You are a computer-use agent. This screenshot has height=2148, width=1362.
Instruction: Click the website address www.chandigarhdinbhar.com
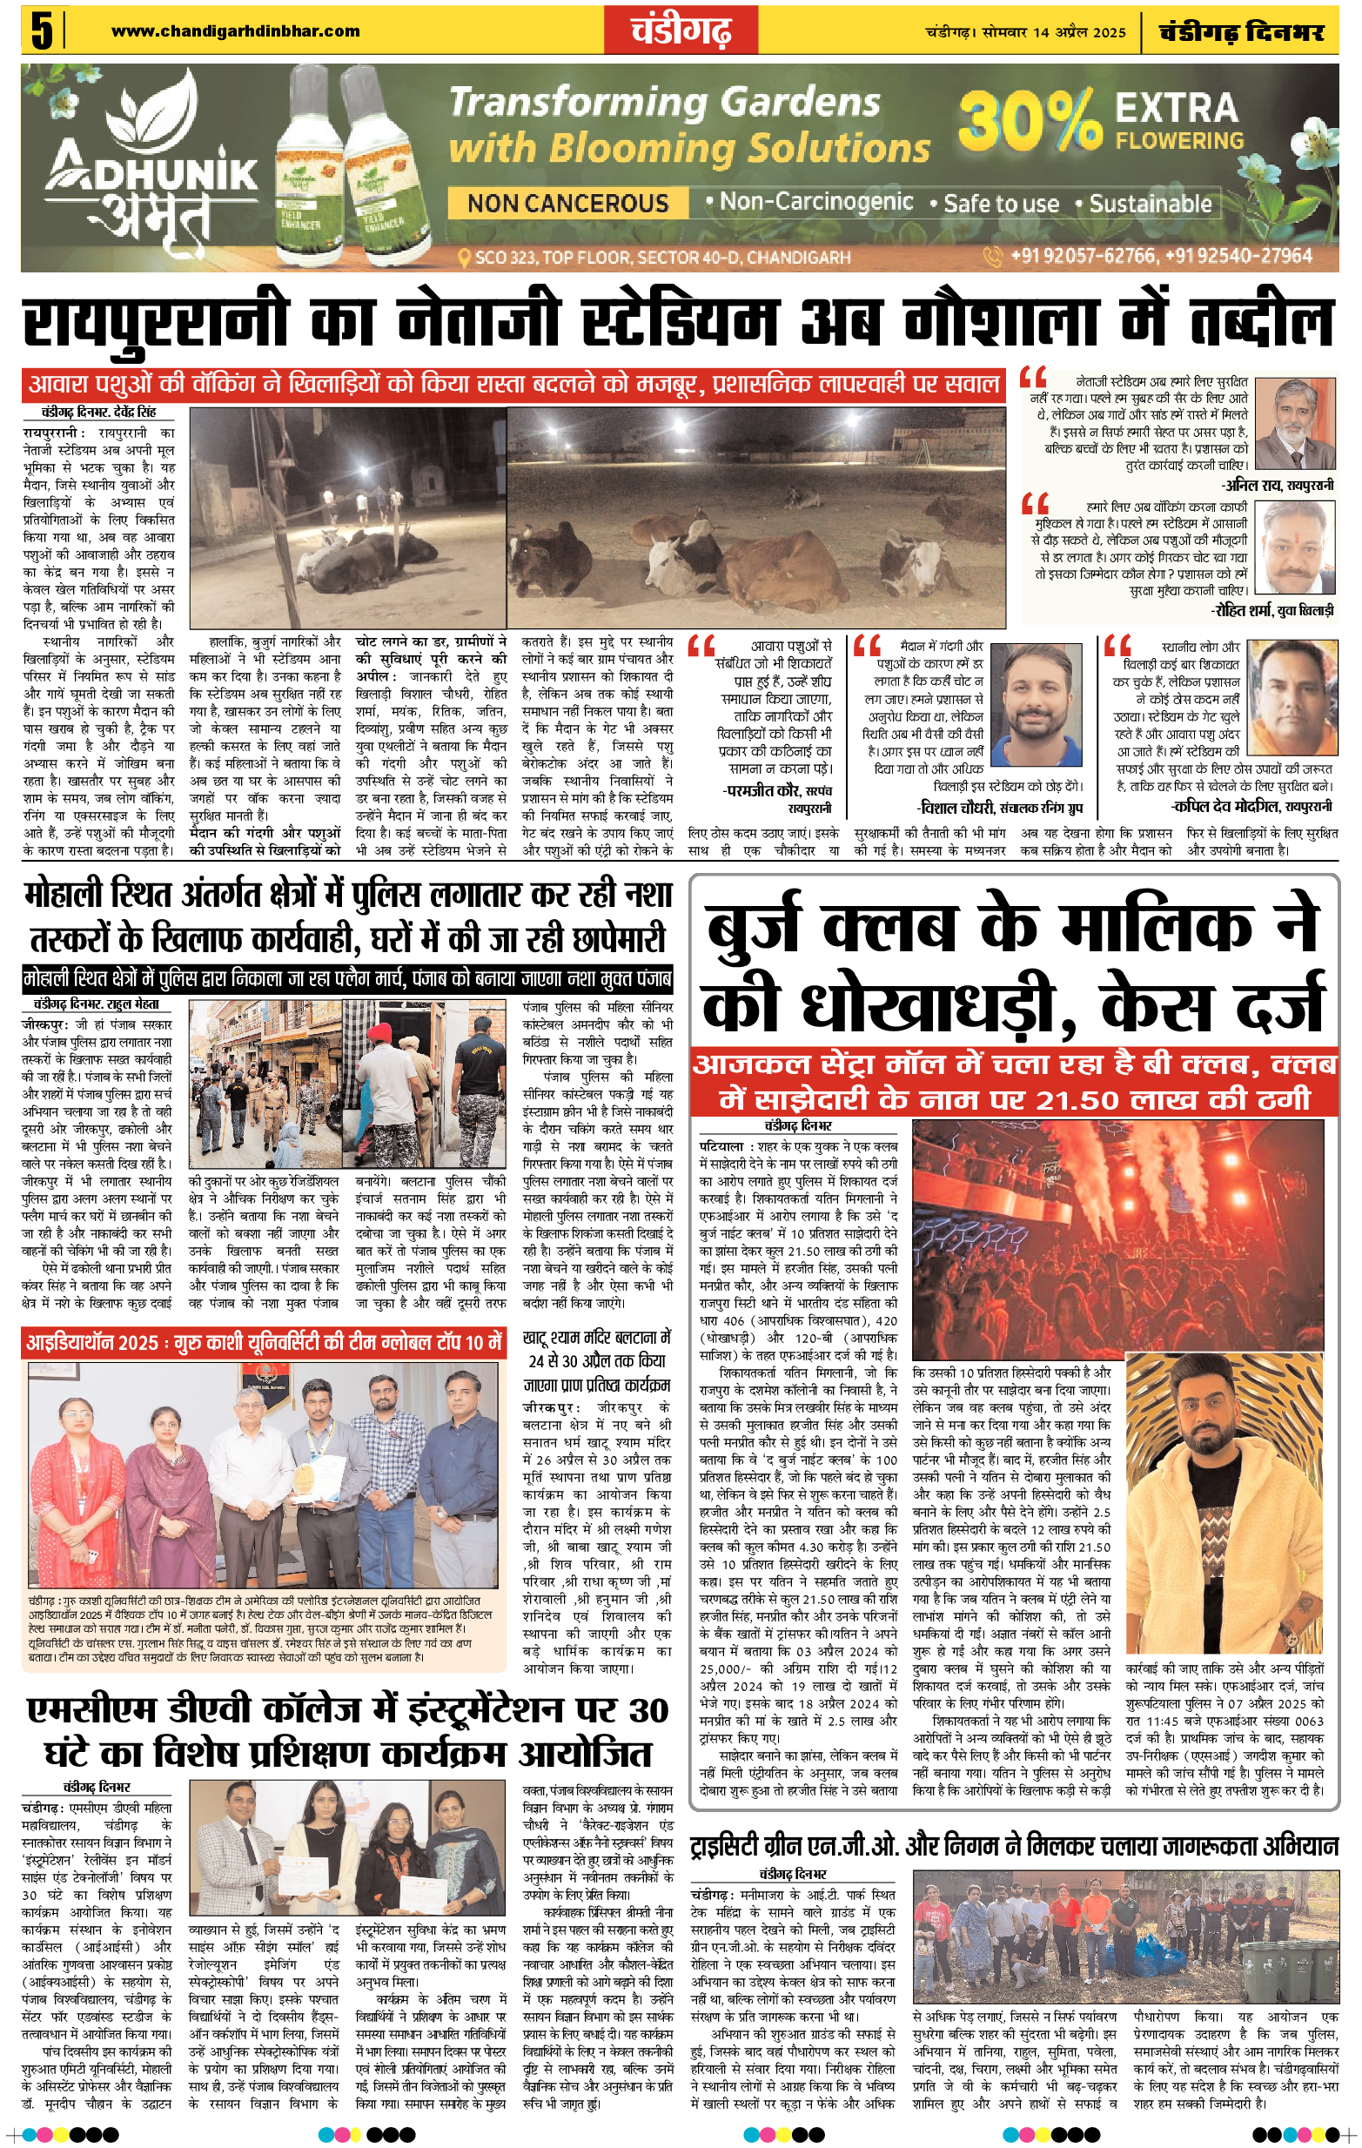coord(236,31)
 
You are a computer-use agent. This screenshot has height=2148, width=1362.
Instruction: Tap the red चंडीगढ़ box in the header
coord(681,31)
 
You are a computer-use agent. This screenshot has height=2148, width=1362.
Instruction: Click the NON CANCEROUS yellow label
coord(567,204)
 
